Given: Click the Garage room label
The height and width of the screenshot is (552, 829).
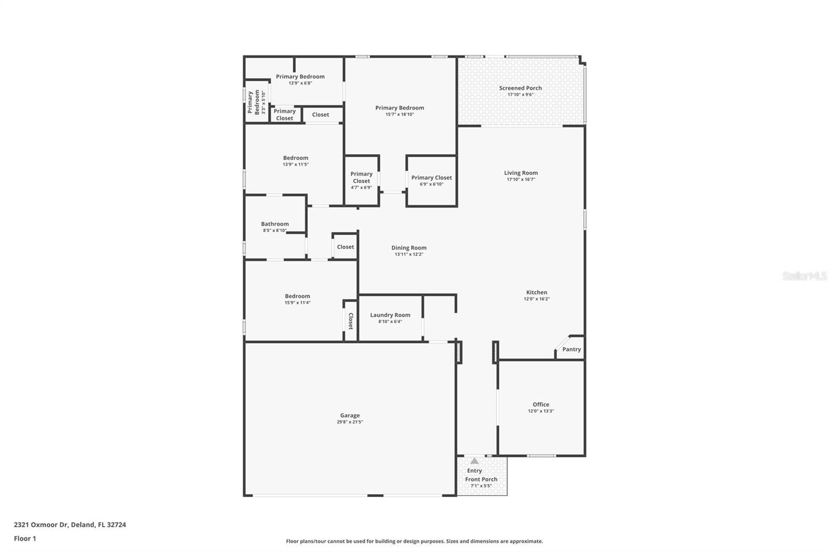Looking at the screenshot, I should [x=350, y=415].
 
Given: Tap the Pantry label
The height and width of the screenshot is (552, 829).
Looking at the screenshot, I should [x=571, y=350].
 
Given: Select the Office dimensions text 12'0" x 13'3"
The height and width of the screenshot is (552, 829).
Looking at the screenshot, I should [x=541, y=411].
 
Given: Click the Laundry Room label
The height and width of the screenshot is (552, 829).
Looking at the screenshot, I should [x=390, y=315].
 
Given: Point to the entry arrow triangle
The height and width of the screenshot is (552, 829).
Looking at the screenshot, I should [x=474, y=461].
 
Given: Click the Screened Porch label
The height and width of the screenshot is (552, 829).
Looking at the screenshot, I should [x=520, y=88].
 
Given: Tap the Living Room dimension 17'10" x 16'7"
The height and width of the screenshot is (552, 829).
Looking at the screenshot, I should [x=521, y=180].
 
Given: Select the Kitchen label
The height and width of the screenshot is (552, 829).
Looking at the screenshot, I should [x=537, y=292].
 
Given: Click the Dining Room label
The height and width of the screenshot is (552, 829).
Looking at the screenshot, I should [x=409, y=248].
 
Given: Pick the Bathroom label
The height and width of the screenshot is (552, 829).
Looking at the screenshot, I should [x=275, y=224].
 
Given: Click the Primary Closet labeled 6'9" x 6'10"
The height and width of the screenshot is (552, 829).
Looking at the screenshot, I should [x=432, y=178].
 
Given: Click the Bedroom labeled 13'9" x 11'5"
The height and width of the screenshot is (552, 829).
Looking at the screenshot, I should [x=295, y=158].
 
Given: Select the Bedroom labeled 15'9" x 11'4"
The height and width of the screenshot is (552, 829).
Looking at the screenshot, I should [x=297, y=296].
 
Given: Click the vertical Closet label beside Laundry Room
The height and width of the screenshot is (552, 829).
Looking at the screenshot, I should [x=351, y=321].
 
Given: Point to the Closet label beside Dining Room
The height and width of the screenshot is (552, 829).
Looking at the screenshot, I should [x=346, y=247].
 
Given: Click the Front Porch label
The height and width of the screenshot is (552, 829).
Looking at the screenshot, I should [x=481, y=480].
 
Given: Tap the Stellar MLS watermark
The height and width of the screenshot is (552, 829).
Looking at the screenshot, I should [x=804, y=277].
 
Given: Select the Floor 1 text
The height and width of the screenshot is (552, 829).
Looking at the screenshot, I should [x=25, y=539].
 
